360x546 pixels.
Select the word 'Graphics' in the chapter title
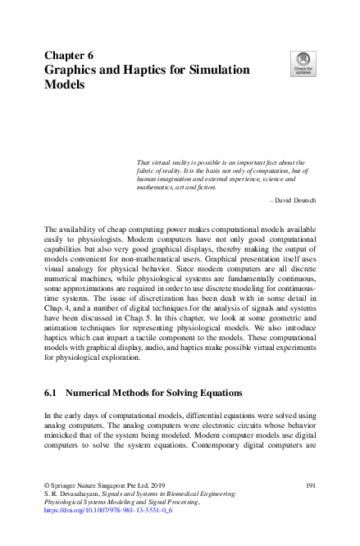75,70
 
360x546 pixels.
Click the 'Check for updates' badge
303,63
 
